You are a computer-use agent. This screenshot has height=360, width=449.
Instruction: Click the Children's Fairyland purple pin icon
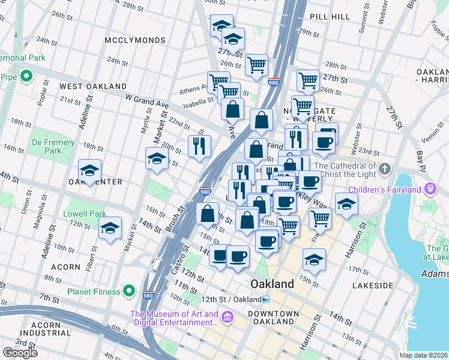[430, 190]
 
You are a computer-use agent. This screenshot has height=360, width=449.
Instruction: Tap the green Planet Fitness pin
[129, 292]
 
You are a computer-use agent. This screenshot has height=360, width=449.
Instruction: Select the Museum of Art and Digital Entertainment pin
[228, 316]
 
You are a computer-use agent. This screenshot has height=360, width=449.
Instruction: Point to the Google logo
[20, 352]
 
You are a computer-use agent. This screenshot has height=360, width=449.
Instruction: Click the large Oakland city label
[273, 284]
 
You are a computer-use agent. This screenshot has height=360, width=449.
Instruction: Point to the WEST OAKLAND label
[93, 86]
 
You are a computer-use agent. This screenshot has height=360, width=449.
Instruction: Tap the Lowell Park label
[85, 214]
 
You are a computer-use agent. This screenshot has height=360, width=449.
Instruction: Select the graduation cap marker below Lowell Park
[110, 229]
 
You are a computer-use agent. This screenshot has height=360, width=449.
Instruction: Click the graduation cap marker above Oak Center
[89, 170]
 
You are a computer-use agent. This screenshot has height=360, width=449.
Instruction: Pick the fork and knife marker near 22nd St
[199, 145]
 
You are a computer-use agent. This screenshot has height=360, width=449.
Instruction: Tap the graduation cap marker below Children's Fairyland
[346, 204]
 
